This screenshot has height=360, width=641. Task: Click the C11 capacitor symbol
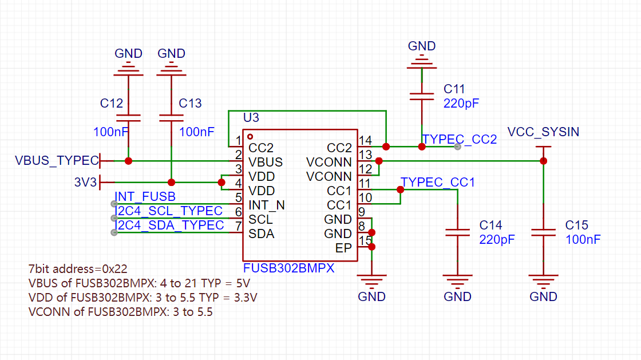click(x=421, y=96)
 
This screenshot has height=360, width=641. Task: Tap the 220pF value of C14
click(x=497, y=239)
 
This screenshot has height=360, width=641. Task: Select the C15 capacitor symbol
click(x=543, y=233)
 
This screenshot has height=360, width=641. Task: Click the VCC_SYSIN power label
click(x=543, y=132)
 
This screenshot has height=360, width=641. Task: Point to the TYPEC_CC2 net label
click(x=460, y=139)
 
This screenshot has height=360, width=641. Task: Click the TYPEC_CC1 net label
click(x=437, y=182)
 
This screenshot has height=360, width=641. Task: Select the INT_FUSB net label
click(x=145, y=196)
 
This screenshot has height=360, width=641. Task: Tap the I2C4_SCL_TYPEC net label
click(x=169, y=211)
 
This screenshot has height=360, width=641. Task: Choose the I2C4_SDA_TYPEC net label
click(x=169, y=225)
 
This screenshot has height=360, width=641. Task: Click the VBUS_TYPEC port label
click(x=57, y=161)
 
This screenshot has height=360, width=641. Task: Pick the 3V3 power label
click(x=85, y=182)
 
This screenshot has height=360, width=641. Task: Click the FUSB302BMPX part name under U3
click(x=288, y=268)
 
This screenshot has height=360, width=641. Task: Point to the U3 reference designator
click(x=251, y=118)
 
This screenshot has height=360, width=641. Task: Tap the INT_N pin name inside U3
click(x=267, y=205)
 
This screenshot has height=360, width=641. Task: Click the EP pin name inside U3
click(x=343, y=248)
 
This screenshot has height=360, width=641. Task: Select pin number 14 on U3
click(x=365, y=141)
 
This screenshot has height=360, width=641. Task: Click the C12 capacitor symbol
click(x=128, y=118)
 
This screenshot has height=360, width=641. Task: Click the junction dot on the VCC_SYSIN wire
click(x=543, y=161)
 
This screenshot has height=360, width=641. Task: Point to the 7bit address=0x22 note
click(x=78, y=269)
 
